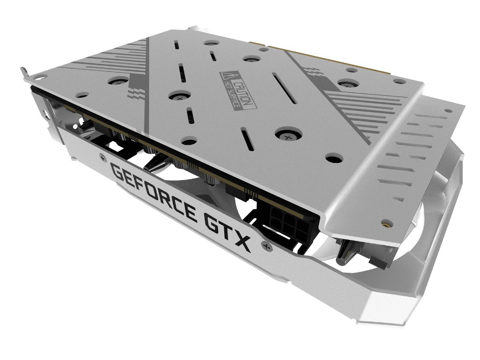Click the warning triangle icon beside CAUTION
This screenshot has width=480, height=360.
click(x=226, y=75)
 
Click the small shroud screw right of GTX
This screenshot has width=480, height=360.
click(x=265, y=246)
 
